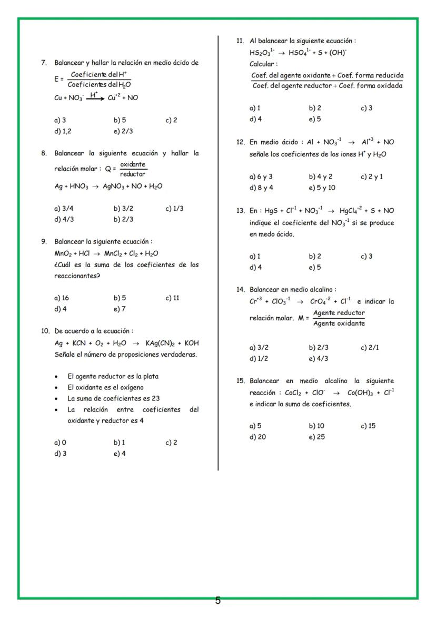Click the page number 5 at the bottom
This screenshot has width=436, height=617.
(x=217, y=601)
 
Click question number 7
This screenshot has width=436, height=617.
(x=45, y=63)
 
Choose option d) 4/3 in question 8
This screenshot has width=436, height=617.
(x=64, y=219)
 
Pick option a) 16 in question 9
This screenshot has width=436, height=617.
(x=62, y=298)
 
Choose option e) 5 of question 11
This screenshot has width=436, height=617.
(x=315, y=119)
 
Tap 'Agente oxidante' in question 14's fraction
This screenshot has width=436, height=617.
(x=339, y=324)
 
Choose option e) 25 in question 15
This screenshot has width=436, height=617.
(x=316, y=437)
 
